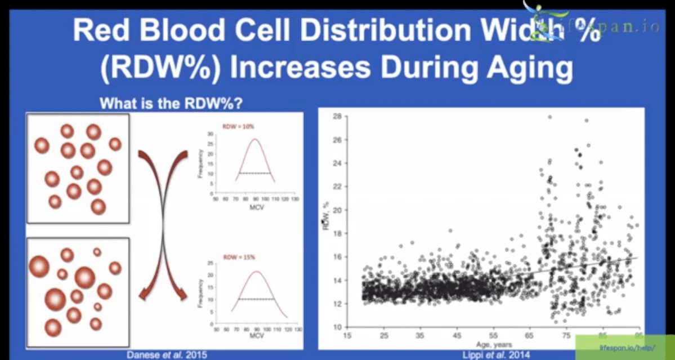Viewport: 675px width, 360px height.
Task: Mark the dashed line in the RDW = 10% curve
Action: pos(254,173)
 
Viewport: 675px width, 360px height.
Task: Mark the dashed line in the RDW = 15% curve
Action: pos(254,299)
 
